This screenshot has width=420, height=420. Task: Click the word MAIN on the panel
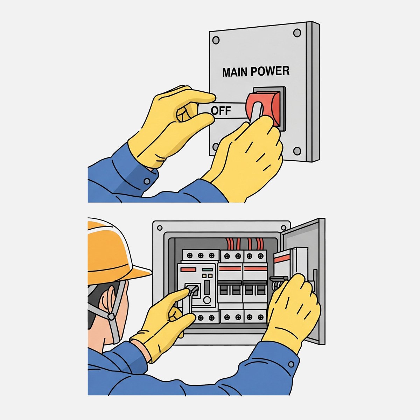click(235, 72)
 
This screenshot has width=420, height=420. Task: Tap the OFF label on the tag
click(221, 111)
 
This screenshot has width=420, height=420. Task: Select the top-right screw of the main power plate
click(297, 33)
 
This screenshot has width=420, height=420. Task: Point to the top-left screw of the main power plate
click(216, 40)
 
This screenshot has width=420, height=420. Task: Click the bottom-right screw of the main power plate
click(297, 151)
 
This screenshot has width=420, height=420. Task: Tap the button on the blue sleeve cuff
click(147, 181)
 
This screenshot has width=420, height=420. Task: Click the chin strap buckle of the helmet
click(111, 316)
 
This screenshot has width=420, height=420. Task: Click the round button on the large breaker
click(207, 300)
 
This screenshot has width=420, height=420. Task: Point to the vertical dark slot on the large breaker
click(207, 288)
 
